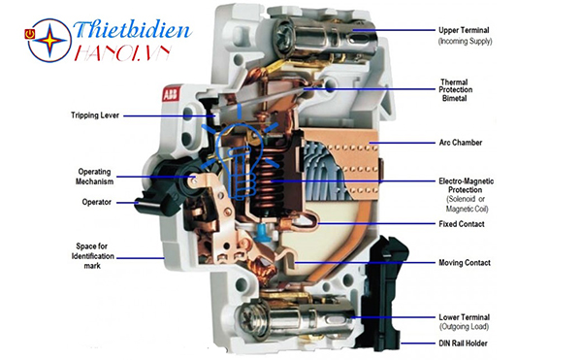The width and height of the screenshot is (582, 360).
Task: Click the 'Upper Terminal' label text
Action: (x=464, y=30)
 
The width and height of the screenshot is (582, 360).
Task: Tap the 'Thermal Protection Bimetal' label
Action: (x=456, y=90)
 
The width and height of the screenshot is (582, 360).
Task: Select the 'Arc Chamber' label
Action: (x=460, y=143)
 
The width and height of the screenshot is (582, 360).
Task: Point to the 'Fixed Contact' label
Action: (x=462, y=224)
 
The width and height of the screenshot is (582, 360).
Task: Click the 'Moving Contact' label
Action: (x=465, y=263)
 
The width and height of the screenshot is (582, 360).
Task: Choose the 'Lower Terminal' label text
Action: (x=464, y=317)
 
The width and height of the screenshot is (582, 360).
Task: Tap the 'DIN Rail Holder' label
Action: (x=463, y=344)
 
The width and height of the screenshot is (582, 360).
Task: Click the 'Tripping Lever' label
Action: (x=95, y=115)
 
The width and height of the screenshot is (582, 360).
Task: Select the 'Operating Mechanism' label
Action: (x=95, y=177)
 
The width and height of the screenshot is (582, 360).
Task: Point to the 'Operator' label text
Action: (x=96, y=202)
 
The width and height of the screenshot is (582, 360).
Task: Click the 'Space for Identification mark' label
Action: (x=93, y=256)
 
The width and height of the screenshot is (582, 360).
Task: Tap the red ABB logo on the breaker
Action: (x=171, y=94)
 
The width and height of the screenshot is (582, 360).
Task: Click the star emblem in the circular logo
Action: (x=50, y=40)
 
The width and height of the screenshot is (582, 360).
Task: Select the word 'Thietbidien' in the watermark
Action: (x=133, y=30)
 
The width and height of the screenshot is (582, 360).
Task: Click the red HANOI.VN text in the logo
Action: (x=123, y=53)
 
